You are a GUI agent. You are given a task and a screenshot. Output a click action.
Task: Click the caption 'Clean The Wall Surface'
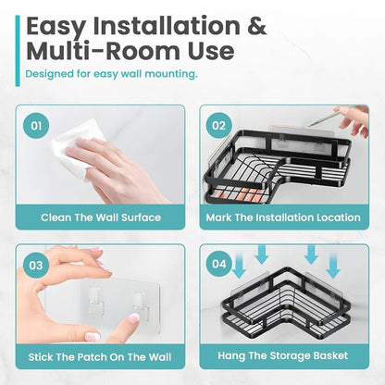point(100,217)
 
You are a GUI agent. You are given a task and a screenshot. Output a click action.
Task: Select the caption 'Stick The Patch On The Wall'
point(100,354)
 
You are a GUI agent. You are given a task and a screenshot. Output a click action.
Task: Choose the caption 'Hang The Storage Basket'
point(283,354)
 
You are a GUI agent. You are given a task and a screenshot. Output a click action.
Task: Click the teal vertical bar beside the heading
point(18,42)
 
